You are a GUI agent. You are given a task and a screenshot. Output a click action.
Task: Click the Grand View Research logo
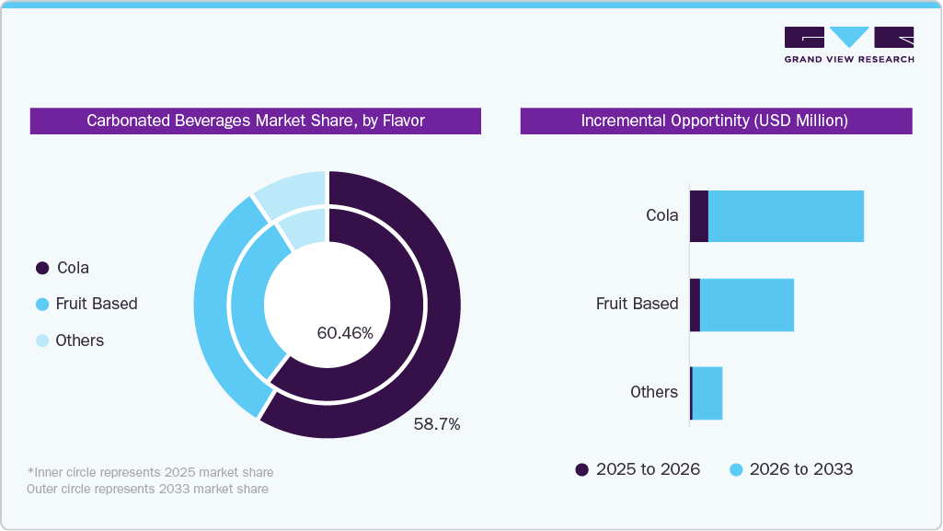pos(848,44)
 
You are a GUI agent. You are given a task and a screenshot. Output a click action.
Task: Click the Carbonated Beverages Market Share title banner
pos(255,121)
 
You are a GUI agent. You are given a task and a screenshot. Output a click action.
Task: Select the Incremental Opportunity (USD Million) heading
pos(715,121)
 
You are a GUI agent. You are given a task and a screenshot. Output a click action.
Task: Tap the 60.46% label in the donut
pos(345,333)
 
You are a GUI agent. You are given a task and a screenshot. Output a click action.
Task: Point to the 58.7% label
pos(436,424)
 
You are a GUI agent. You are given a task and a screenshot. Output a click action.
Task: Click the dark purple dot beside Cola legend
pos(41,268)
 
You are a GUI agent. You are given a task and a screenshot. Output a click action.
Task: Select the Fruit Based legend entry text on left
pos(96,304)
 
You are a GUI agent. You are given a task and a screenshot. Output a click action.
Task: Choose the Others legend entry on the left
pos(79,341)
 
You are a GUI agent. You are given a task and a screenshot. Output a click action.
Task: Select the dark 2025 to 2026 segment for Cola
pos(699,216)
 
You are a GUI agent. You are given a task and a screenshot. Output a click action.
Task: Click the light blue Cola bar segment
pos(786,216)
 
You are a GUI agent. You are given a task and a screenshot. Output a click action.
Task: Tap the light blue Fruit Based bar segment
pos(746,305)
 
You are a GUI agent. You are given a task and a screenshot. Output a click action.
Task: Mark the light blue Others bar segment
pos(707,393)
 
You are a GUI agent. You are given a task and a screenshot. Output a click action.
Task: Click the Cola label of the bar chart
pos(661,216)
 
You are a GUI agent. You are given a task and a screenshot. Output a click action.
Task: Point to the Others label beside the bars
pos(653,392)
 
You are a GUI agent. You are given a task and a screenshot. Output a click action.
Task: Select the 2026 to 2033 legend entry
pos(791,469)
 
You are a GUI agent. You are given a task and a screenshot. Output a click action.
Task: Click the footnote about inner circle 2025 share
pos(150,472)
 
